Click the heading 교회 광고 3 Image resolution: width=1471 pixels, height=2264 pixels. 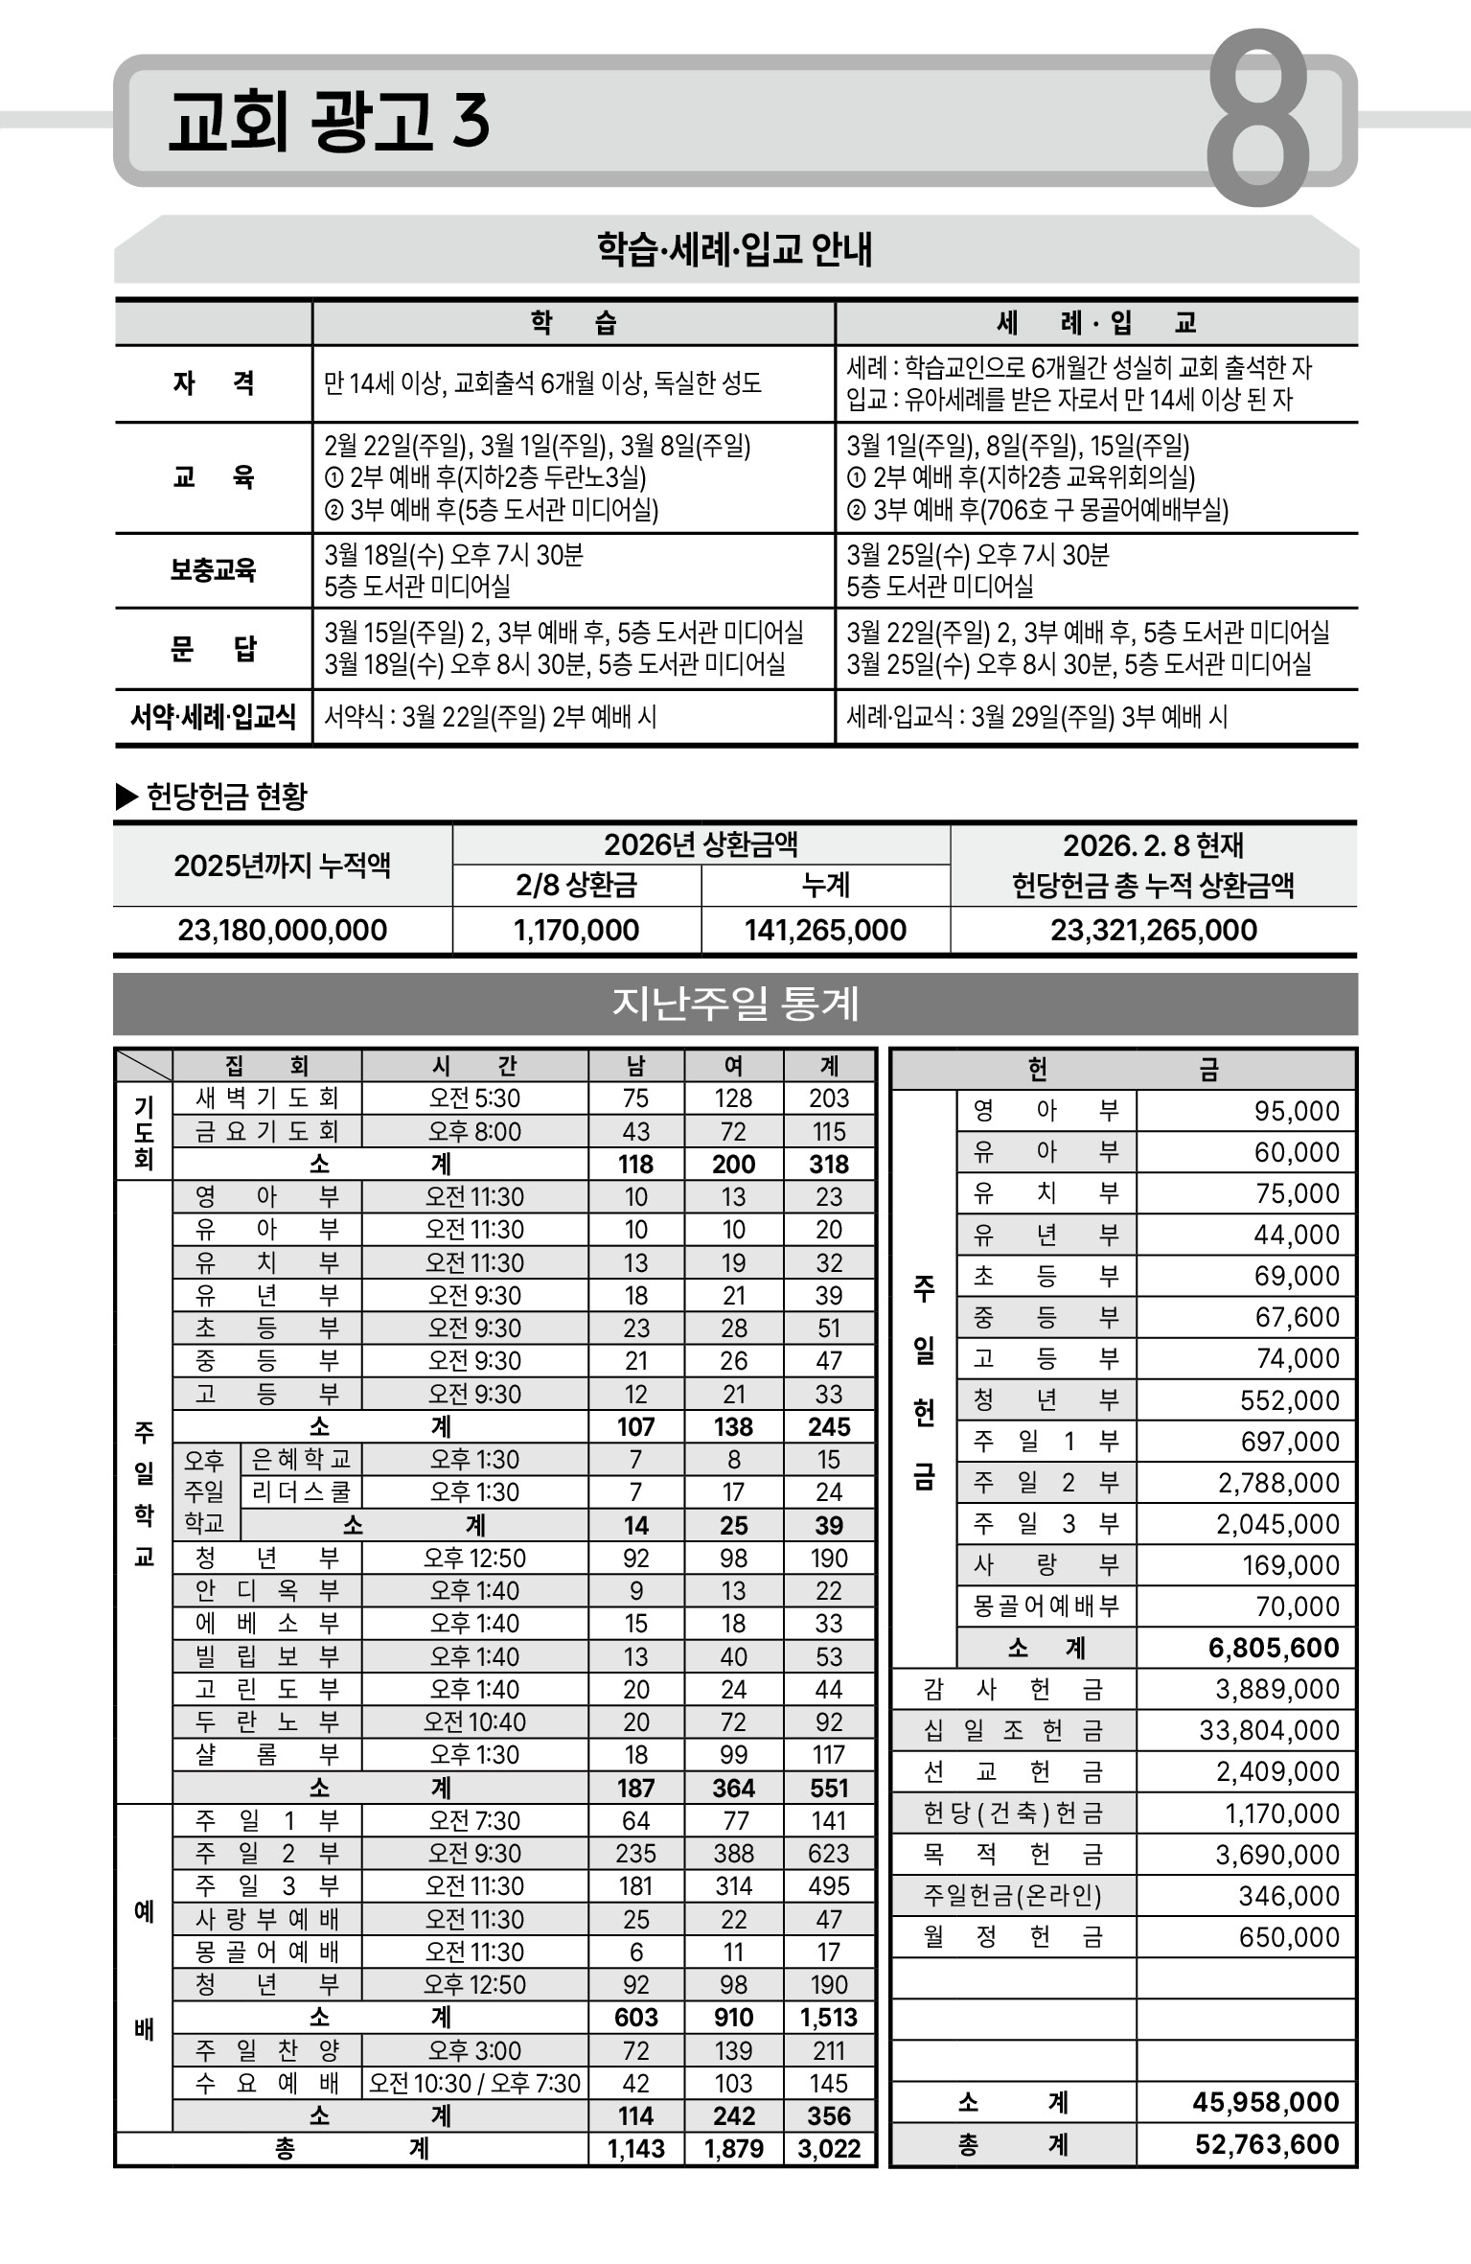coord(329,122)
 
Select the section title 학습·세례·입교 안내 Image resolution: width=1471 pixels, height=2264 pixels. coord(735,250)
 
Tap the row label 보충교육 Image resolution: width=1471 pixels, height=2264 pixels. coord(213,570)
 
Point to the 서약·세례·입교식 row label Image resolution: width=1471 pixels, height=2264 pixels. coord(213,717)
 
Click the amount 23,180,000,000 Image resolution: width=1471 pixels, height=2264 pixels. coord(283,930)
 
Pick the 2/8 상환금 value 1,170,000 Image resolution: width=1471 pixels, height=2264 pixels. coord(576,930)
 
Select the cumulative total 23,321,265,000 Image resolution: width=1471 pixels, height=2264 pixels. coord(1154,930)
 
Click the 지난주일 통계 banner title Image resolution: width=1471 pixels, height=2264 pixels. coord(735,1004)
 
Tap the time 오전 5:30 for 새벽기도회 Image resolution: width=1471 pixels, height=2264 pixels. coord(474,1098)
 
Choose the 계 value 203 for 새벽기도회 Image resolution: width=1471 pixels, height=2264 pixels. coord(829,1098)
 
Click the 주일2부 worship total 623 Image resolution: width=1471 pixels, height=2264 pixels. coord(829,1854)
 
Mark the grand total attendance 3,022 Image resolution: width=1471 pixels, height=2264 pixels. coord(829,2149)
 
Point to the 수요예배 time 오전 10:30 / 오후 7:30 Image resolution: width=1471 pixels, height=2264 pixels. coord(474,2084)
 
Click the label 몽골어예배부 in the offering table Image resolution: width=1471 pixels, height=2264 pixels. coord(1046,1606)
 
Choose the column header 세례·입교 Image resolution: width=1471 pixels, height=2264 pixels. coord(1096,323)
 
